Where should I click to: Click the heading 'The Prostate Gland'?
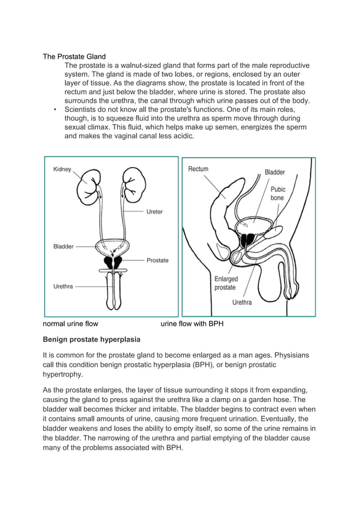pyautogui.click(x=74, y=56)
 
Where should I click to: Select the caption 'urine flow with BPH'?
pyautogui.click(x=192, y=324)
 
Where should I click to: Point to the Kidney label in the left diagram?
pyautogui.click(x=62, y=169)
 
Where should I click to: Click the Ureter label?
pyautogui.click(x=155, y=212)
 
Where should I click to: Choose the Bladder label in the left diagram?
pyautogui.click(x=63, y=246)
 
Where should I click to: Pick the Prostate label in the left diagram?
pyautogui.click(x=157, y=260)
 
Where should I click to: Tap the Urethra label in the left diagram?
pyautogui.click(x=63, y=286)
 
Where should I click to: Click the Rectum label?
pyautogui.click(x=198, y=168)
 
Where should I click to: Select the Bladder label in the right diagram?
pyautogui.click(x=275, y=172)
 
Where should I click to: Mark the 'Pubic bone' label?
pyautogui.click(x=278, y=194)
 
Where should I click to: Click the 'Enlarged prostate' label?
pyautogui.click(x=226, y=283)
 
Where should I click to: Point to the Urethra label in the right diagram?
pyautogui.click(x=242, y=302)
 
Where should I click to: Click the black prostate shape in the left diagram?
pyautogui.click(x=117, y=261)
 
